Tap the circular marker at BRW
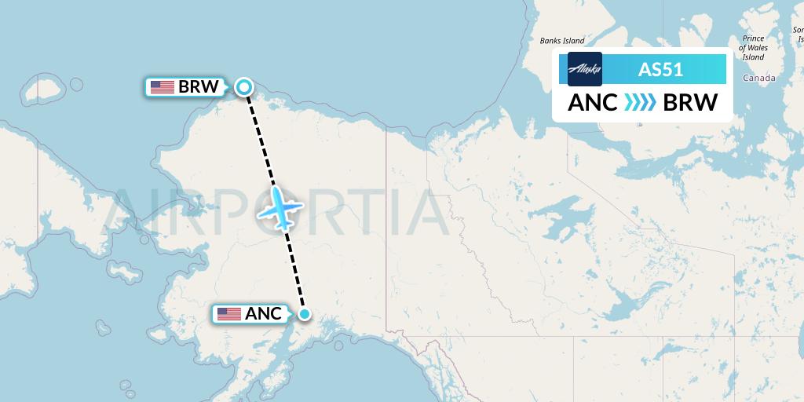(x=244, y=87)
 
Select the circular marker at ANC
(x=305, y=315)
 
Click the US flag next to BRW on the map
(x=163, y=87)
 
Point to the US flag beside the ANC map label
(x=229, y=314)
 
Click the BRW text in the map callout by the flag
(x=199, y=87)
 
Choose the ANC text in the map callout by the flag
(x=263, y=314)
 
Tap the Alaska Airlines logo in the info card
(x=584, y=69)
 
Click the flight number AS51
(x=660, y=69)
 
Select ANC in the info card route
(x=593, y=103)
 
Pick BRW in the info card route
(x=690, y=103)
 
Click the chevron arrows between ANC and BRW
(x=641, y=103)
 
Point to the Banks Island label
(x=562, y=41)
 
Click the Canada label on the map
(x=758, y=79)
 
